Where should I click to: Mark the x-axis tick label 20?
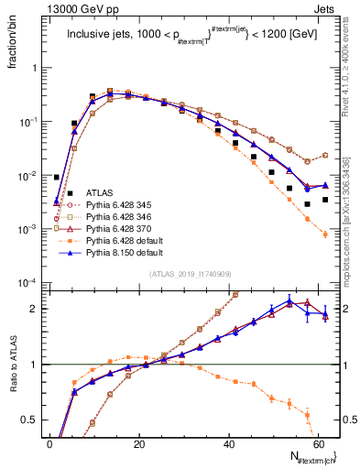click(138, 444)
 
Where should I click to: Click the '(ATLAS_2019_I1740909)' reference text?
click(189, 274)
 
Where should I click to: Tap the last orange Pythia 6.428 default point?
click(325, 234)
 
